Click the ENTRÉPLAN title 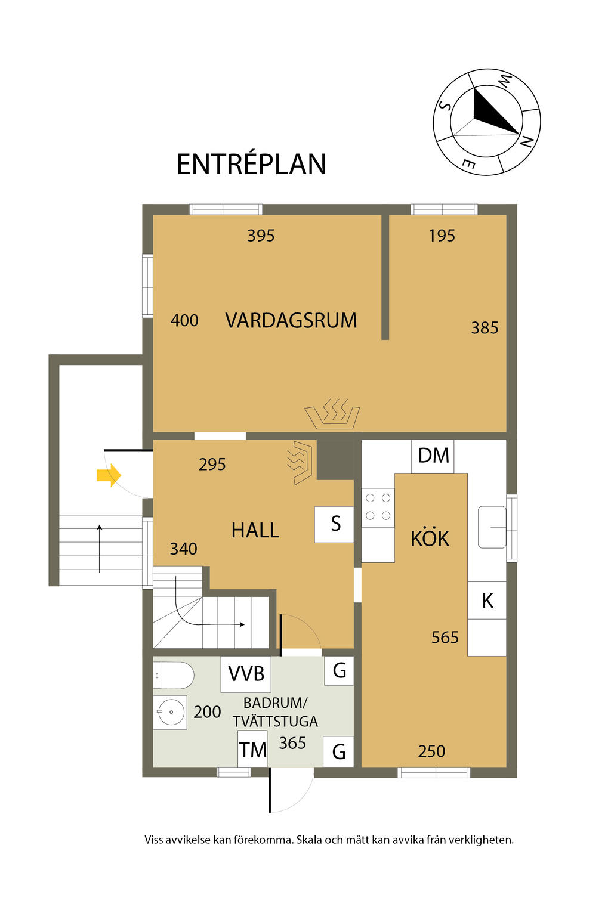(251, 164)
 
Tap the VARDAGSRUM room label (291, 320)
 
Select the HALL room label (255, 530)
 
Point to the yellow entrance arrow (109, 475)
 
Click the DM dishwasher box (433, 456)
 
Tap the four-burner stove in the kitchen (378, 507)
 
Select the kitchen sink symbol (492, 527)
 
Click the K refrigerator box (487, 601)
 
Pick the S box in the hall (334, 525)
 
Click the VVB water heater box (246, 674)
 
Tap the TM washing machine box (252, 748)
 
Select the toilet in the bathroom (173, 676)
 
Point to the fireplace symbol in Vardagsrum (332, 414)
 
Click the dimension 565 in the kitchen (445, 638)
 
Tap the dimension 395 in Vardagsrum (261, 236)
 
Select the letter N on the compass (526, 141)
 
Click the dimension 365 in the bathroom (292, 743)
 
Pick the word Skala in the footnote (309, 840)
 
